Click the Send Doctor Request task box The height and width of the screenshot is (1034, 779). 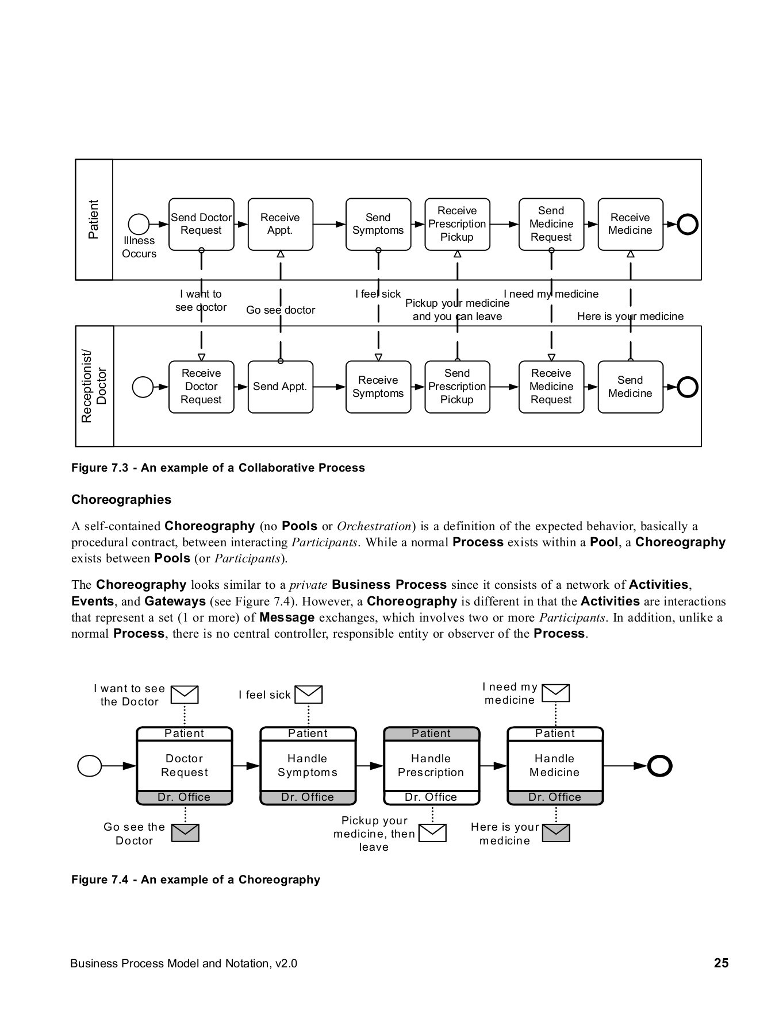coord(201,224)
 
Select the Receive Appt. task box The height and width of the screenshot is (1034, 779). coord(281,224)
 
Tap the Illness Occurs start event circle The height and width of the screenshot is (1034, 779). coord(139,224)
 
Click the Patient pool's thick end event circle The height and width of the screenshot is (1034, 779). coord(688,224)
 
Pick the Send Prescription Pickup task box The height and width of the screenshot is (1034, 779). coord(457,387)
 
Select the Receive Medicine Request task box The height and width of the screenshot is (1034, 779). coord(551,387)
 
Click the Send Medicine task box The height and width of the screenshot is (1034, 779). coord(630,387)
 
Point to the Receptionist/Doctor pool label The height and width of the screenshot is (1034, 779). coord(94,387)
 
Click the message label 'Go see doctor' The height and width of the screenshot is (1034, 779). coord(281,310)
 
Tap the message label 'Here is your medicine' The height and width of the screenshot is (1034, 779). coord(630,317)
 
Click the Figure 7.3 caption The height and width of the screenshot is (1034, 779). coord(218,468)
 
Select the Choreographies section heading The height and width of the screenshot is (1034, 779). coord(121,500)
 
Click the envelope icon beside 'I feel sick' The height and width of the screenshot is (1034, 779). coord(309,695)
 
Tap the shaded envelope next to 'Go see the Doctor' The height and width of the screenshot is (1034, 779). coord(185,833)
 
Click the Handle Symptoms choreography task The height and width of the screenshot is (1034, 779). coord(308,766)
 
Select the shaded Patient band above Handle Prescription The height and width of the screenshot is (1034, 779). coord(431,734)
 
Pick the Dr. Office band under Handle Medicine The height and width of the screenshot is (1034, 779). coord(555,797)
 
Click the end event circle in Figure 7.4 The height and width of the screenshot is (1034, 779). coord(659,766)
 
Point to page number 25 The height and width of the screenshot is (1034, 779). coord(721,963)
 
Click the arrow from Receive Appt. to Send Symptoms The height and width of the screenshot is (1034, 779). coord(329,224)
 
